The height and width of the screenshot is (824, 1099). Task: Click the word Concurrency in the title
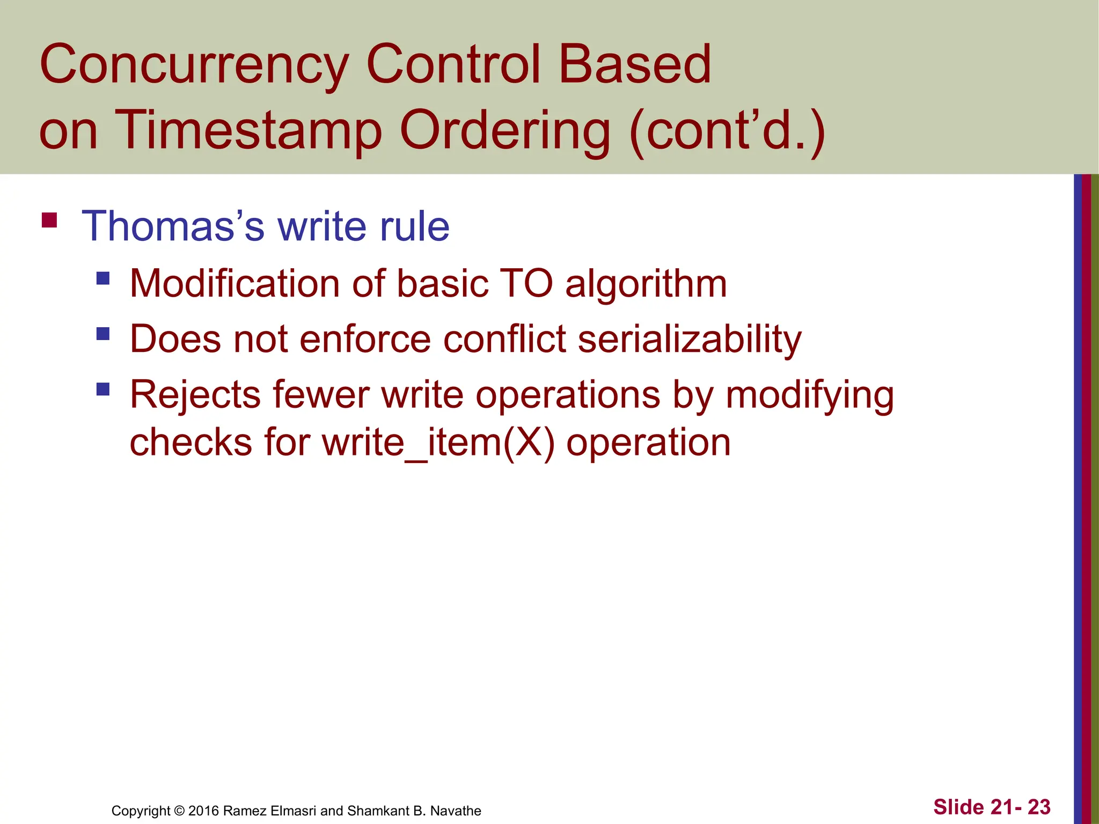click(193, 65)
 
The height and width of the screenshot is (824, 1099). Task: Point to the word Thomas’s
click(173, 226)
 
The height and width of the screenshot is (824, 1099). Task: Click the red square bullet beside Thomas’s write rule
click(49, 220)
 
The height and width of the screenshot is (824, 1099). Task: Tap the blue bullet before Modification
click(103, 278)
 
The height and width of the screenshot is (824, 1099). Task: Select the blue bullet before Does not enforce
click(103, 334)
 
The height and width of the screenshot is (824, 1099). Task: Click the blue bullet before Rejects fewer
click(103, 389)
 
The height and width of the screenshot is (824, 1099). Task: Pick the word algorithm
click(646, 284)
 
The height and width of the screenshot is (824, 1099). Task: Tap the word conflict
click(504, 339)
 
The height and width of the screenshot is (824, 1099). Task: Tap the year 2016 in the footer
click(204, 811)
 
